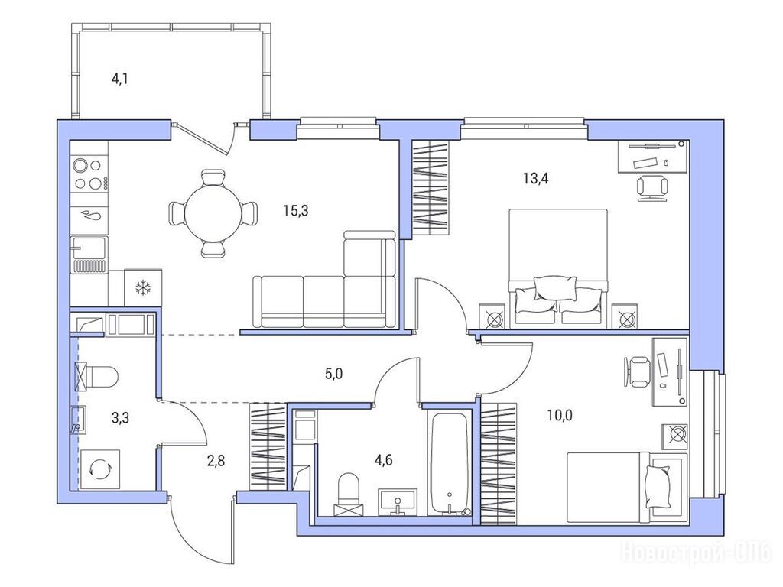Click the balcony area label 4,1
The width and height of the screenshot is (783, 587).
point(120,79)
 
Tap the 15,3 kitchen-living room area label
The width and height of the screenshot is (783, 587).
point(296,211)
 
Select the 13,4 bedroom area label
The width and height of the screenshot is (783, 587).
point(536,178)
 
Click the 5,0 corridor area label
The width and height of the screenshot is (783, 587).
point(333,373)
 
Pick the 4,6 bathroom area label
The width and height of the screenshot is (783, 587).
point(384,459)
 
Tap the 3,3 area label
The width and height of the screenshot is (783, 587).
point(120,417)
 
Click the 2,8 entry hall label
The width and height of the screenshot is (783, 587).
point(216,460)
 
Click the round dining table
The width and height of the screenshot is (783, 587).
point(213,214)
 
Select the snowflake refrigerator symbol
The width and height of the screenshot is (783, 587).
point(143,287)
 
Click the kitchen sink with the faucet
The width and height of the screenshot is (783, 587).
point(89,255)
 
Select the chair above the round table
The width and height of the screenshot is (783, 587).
point(213,177)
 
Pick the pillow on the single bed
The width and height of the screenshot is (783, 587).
point(657,486)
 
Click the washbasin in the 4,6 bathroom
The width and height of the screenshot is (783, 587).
point(398,502)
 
